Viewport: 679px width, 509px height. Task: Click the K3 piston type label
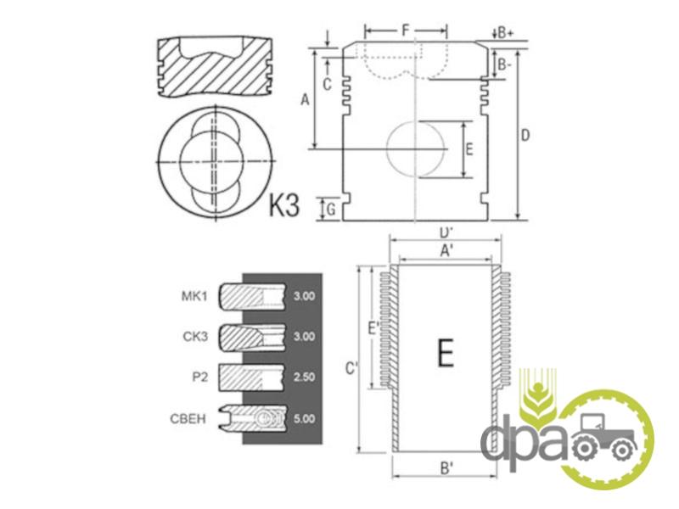284,204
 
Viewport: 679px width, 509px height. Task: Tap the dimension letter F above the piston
406,31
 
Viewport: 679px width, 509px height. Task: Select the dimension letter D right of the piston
525,136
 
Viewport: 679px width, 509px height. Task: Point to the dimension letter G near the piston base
331,210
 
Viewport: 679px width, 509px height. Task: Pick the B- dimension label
504,65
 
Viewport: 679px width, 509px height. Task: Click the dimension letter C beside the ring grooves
328,84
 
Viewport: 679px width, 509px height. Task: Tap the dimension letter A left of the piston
305,100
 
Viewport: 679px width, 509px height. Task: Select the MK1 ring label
194,296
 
